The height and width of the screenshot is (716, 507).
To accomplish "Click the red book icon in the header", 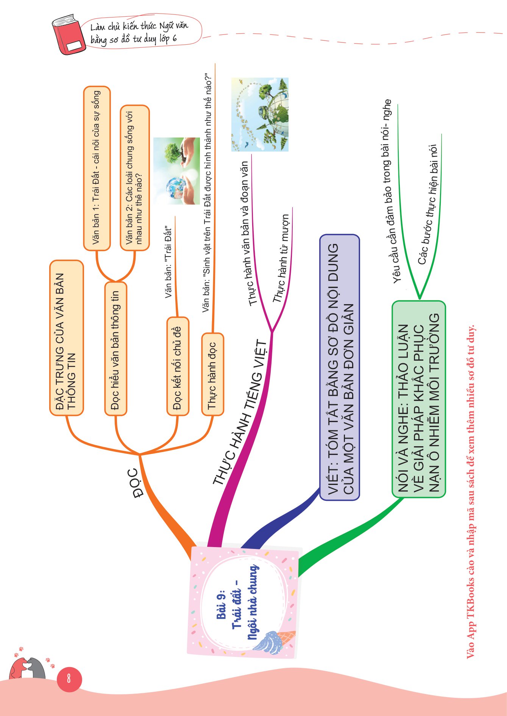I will [68, 35].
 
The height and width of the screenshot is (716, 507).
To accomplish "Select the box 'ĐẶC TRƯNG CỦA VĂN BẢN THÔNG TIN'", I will [66, 338].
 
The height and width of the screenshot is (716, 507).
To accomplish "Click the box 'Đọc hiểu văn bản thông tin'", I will [115, 349].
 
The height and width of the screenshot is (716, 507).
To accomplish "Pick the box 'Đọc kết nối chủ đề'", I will [178, 366].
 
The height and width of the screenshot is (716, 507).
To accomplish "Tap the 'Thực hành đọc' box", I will [212, 374].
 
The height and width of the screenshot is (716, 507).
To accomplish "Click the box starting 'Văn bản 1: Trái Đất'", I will [97, 168].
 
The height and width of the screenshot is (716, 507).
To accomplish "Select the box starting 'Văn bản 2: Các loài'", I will [134, 178].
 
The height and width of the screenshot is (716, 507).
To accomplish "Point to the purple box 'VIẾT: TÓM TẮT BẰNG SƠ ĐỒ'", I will [340, 367].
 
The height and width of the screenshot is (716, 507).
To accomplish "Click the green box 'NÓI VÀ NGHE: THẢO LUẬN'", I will [419, 399].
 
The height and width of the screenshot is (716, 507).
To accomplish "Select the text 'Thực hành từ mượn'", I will [281, 258].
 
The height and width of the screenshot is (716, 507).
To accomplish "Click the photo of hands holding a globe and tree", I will [176, 171].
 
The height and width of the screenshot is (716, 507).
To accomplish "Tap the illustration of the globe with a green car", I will [260, 114].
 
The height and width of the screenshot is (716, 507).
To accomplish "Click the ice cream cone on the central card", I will [273, 642].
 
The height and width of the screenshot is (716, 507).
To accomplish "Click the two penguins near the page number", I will [28, 669].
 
